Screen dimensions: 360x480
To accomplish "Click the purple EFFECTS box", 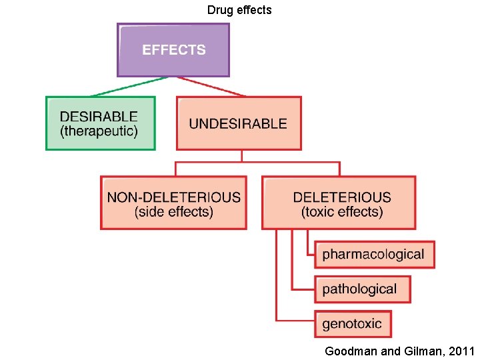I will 173,50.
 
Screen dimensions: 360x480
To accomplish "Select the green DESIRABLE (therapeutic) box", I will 100,123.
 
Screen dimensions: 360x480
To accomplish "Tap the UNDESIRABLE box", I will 238,123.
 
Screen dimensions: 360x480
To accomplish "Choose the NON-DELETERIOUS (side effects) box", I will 173,203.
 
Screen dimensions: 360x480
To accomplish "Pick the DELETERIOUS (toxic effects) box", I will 339,203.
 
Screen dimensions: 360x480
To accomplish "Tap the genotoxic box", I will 353,324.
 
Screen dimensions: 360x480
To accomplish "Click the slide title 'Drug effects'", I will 239,10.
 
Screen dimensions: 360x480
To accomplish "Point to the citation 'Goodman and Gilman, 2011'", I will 399,351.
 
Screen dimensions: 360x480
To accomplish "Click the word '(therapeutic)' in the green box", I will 99,131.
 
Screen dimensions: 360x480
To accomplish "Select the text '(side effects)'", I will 173,212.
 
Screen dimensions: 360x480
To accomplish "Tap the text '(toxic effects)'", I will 342,212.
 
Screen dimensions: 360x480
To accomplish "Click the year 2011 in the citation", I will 461,351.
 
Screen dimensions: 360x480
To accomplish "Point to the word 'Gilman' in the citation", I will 424,351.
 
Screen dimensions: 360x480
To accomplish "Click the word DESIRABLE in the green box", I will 99,117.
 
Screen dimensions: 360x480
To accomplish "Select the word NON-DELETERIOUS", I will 173,197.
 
